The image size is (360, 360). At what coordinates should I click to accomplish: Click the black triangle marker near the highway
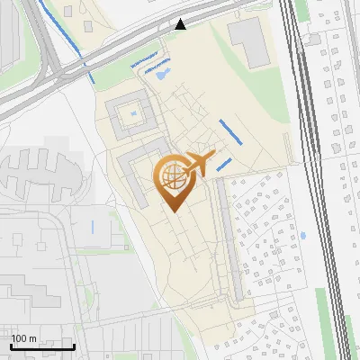181,24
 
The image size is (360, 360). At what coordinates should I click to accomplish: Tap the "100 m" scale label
24,338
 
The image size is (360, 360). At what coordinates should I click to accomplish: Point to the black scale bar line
42,346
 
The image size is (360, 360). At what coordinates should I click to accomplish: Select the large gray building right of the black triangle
249,42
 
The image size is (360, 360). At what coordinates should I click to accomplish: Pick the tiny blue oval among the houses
302,236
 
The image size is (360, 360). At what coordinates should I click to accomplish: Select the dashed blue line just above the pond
156,66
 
